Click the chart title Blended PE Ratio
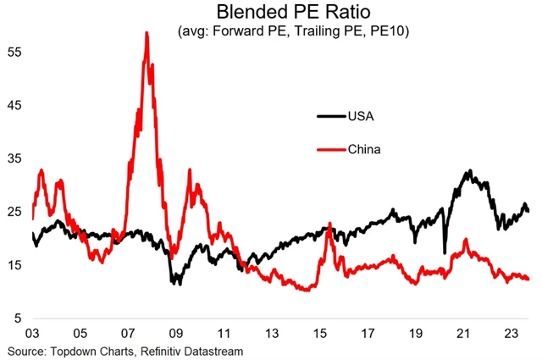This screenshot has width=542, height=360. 274,13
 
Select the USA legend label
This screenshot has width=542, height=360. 357,115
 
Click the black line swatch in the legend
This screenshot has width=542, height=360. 329,115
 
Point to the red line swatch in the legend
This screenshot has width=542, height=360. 329,150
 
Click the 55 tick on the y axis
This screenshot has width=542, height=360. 15,52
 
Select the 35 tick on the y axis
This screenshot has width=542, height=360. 15,158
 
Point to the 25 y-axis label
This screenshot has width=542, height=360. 15,212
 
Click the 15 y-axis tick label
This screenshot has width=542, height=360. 15,265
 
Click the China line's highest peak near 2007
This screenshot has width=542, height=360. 147,33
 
